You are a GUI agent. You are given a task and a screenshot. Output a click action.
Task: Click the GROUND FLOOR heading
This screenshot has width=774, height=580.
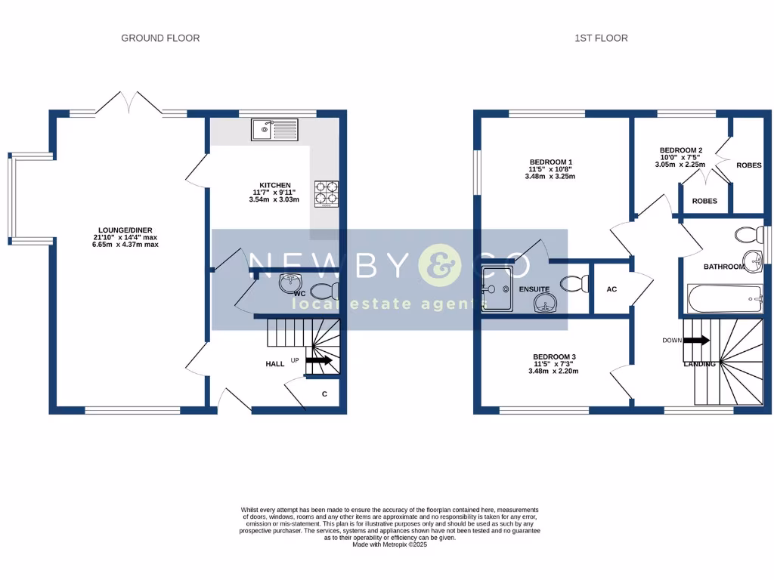point(160,38)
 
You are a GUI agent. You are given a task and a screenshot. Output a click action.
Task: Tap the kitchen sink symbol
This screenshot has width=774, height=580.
point(277,130)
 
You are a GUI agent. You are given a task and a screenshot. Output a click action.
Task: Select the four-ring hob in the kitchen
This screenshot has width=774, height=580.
point(327,191)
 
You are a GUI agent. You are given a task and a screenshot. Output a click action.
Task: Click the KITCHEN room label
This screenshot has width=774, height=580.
point(275,185)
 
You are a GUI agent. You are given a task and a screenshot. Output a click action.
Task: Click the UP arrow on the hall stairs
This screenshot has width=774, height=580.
point(319,361)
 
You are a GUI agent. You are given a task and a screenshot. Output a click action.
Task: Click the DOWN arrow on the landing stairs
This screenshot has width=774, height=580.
point(696,341)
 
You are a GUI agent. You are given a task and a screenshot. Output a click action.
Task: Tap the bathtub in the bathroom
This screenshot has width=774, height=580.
point(724,299)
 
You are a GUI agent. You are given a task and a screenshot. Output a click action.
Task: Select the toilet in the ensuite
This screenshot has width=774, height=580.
point(574,284)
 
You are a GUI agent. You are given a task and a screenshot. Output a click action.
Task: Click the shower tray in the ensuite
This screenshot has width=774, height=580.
point(497,288)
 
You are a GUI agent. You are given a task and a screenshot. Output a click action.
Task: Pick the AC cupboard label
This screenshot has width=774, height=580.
point(611,289)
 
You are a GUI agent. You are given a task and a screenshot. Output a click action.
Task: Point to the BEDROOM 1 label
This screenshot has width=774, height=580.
point(550,162)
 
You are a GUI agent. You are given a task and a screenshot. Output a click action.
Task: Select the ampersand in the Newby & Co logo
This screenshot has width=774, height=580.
point(438,264)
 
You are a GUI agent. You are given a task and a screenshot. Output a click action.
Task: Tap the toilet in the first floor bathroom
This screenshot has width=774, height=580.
point(751,235)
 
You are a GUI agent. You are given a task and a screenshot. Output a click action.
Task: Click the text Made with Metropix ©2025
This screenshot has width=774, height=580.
point(389,545)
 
